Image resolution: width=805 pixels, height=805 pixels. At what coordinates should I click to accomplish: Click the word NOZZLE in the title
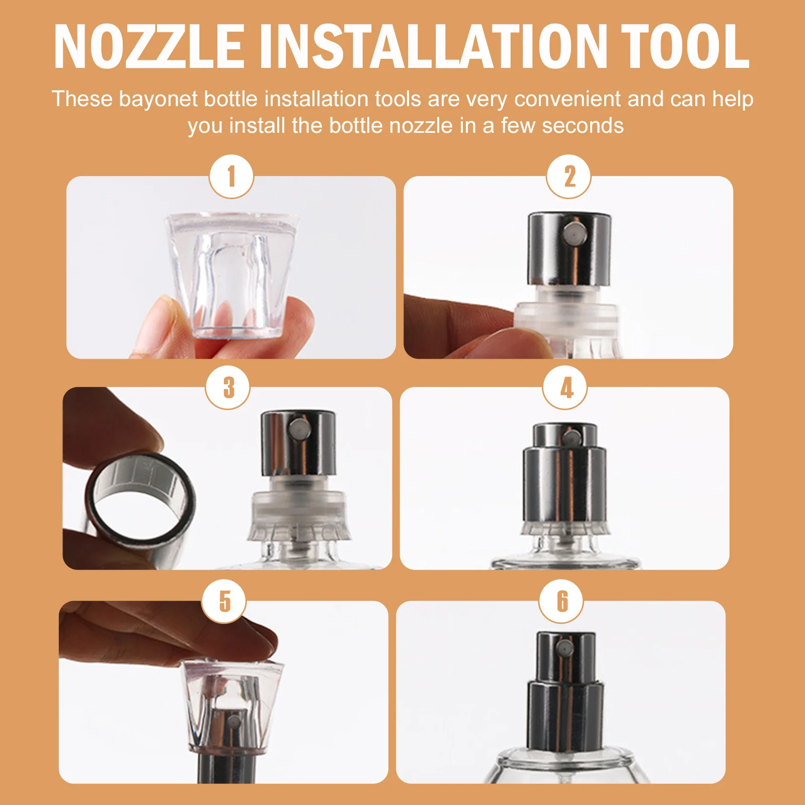(x=149, y=46)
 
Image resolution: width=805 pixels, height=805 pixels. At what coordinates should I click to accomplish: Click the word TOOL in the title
(x=685, y=46)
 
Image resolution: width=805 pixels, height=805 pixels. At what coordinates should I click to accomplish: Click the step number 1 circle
(x=231, y=177)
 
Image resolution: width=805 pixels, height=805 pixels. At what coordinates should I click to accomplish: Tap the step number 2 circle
(x=569, y=177)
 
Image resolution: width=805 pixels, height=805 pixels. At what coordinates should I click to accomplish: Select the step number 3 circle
(x=228, y=387)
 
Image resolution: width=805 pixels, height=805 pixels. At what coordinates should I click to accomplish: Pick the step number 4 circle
(x=565, y=387)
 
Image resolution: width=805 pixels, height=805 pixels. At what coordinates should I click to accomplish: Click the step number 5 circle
(x=224, y=601)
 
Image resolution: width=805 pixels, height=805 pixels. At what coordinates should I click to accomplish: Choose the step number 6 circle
(x=561, y=601)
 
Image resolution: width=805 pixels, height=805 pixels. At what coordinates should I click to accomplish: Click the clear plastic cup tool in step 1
(x=232, y=272)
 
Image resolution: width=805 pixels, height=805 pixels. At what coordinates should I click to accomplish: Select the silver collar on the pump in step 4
(x=565, y=486)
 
